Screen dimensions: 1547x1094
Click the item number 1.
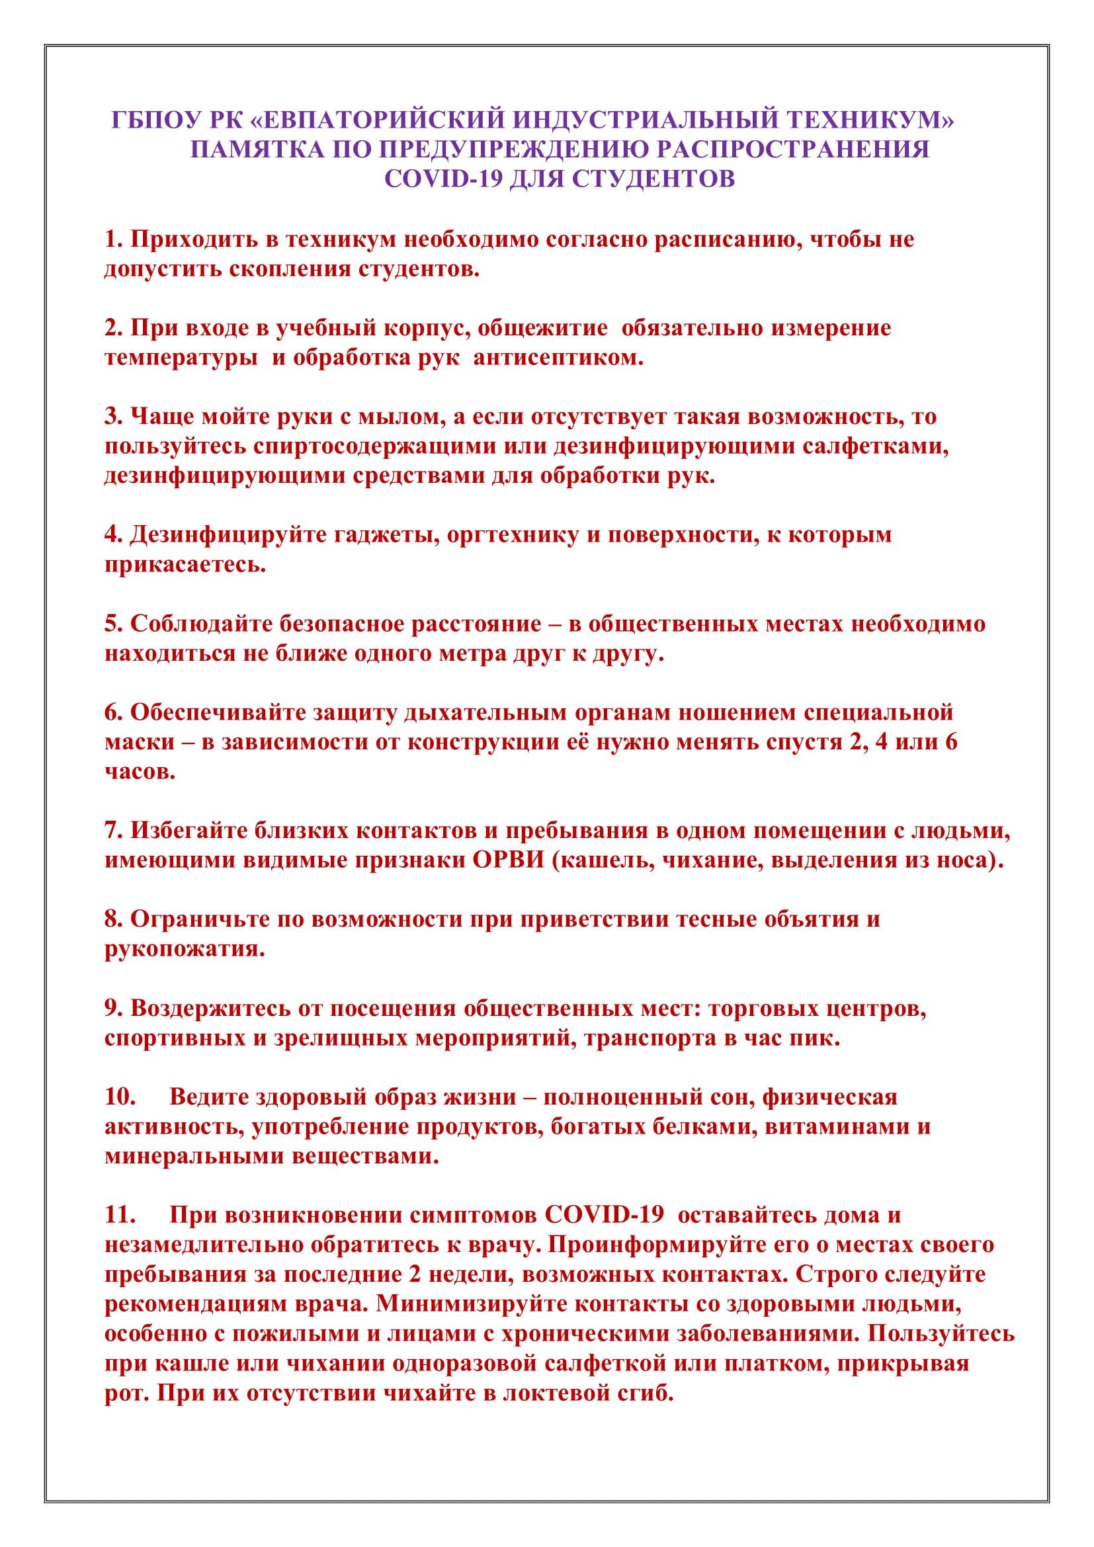click(x=112, y=239)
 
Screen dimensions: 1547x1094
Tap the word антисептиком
click(x=558, y=358)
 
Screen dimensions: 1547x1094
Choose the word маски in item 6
click(x=138, y=743)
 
